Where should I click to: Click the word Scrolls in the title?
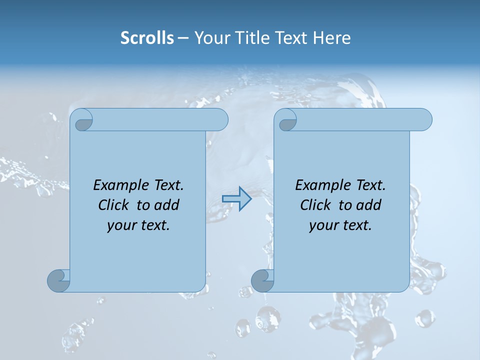[x=147, y=38]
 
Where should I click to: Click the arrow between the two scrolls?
[x=236, y=198]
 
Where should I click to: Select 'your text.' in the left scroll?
[x=138, y=225]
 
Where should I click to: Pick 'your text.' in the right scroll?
[x=340, y=225]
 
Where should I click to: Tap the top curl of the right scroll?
[x=287, y=120]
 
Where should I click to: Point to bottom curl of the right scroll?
[x=262, y=280]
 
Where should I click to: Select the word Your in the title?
[x=210, y=38]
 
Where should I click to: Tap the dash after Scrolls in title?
[x=183, y=38]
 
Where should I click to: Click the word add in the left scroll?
[x=167, y=205]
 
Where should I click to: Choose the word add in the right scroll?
[x=369, y=205]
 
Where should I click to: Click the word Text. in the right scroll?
[x=370, y=185]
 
